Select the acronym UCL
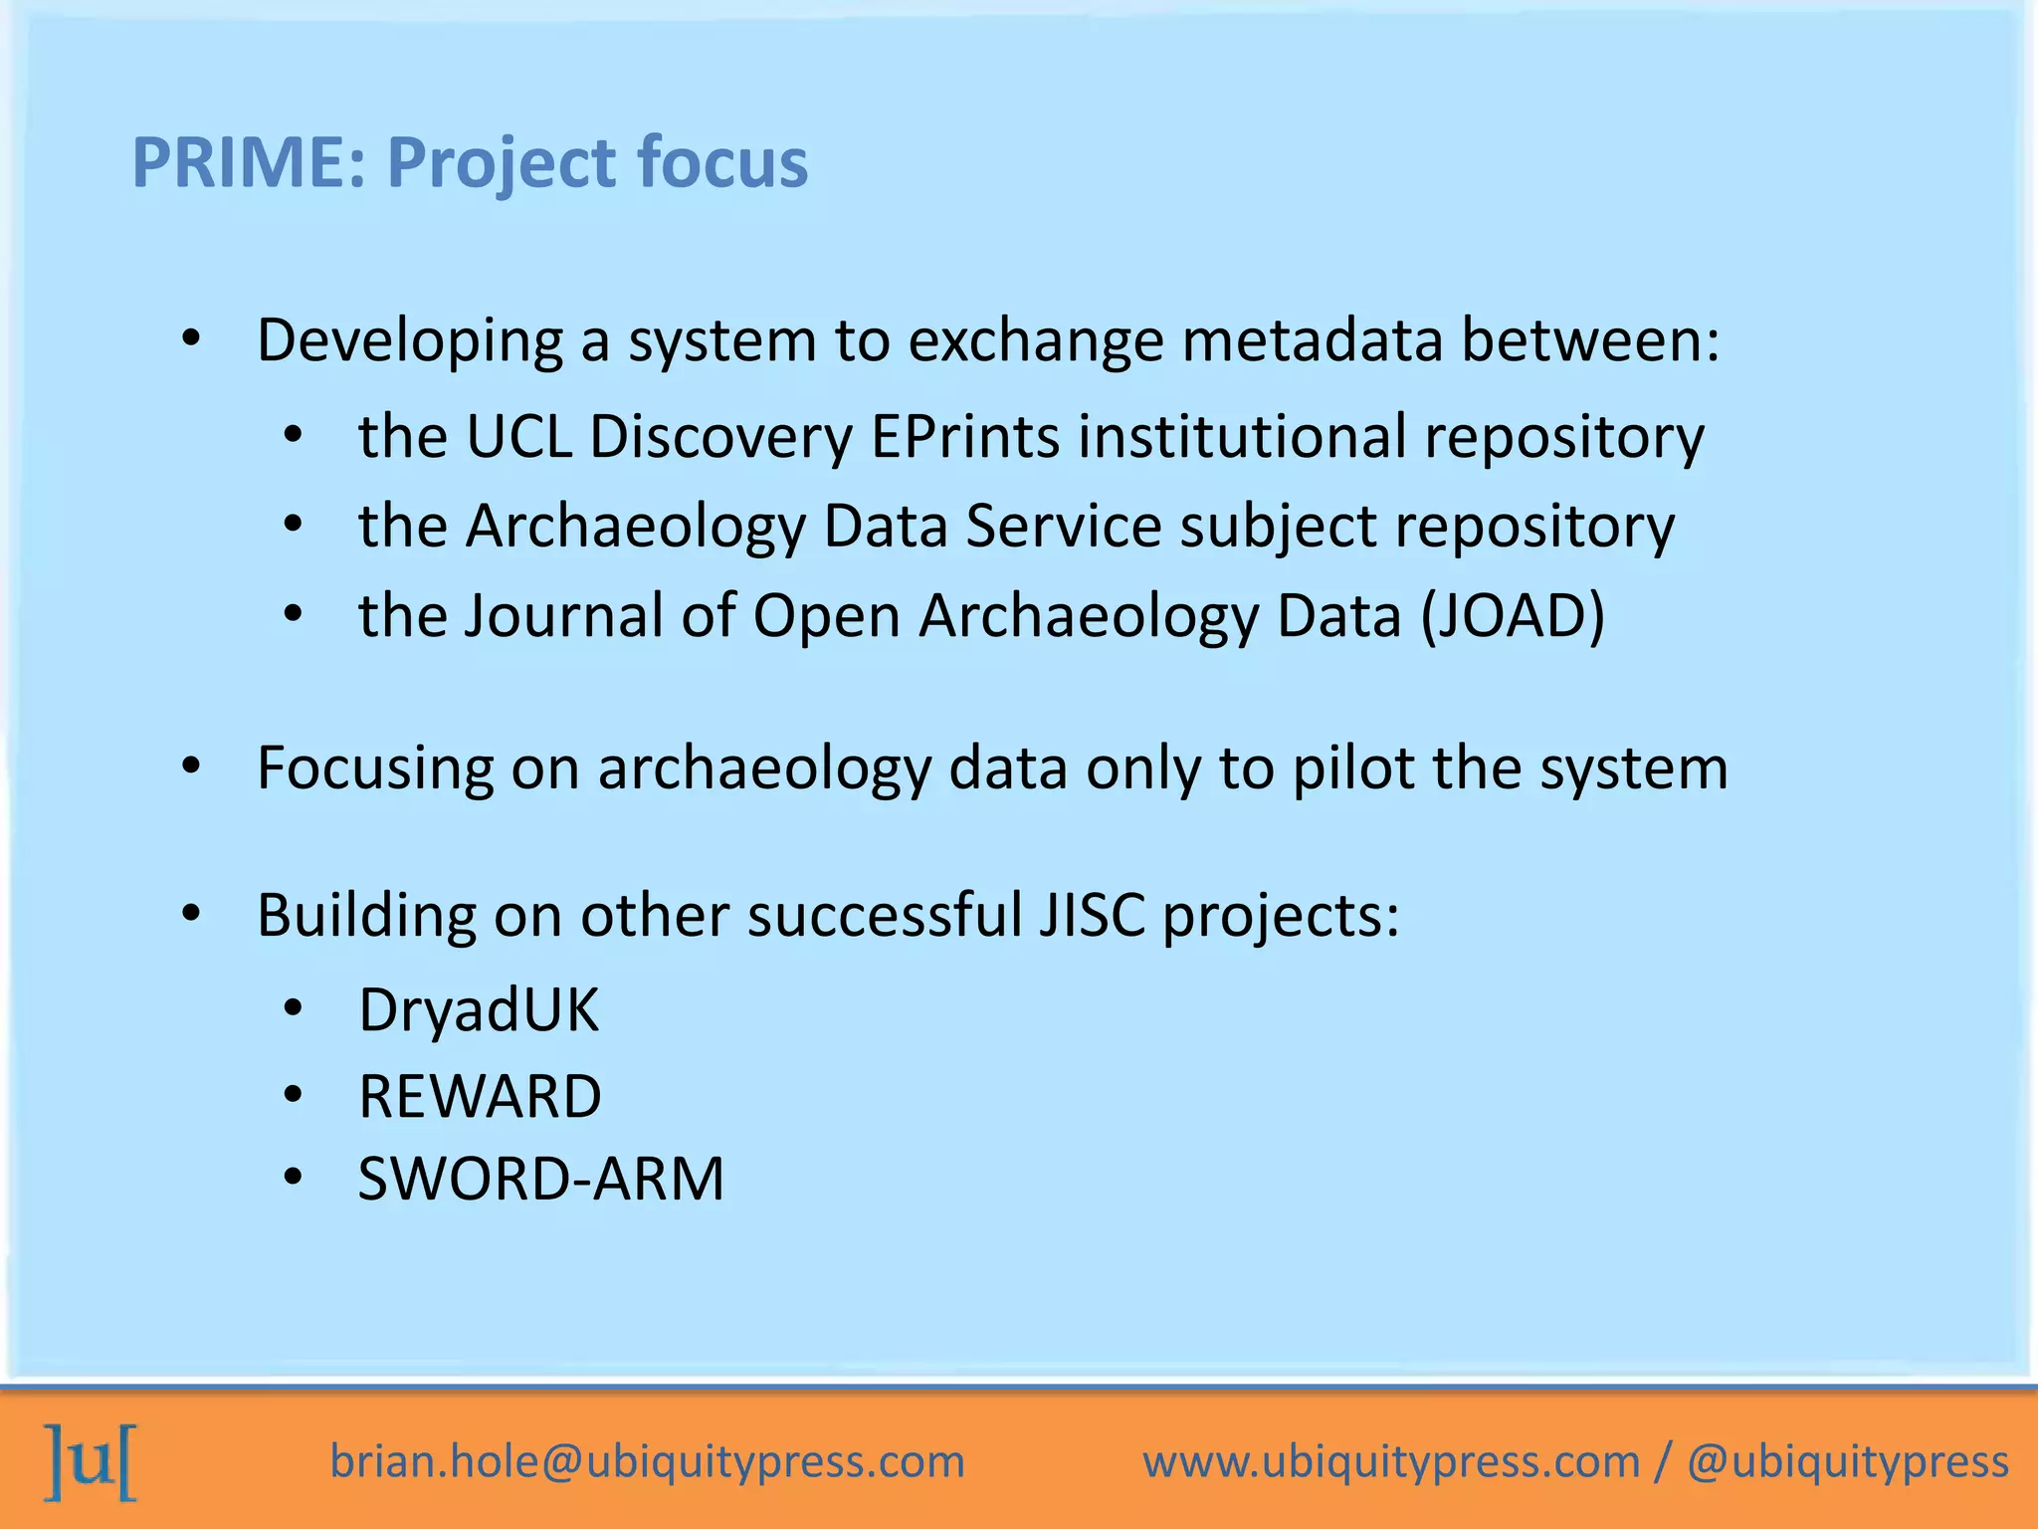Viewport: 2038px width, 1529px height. tap(518, 437)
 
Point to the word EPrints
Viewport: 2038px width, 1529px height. tap(965, 437)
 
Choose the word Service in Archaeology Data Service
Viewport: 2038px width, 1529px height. tap(1063, 526)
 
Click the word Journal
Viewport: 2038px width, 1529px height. tap(564, 615)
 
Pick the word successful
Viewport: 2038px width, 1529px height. tap(885, 915)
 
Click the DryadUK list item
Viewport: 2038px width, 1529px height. tap(479, 1010)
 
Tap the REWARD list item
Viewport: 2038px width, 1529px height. tap(480, 1097)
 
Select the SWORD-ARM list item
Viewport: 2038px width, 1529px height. tap(540, 1180)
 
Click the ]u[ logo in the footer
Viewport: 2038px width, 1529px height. tap(91, 1462)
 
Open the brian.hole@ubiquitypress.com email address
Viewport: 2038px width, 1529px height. tap(647, 1462)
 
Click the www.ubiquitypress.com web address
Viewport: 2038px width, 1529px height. tap(1390, 1462)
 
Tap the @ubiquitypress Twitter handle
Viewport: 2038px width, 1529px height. tap(1848, 1462)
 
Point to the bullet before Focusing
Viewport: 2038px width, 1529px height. tap(191, 767)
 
